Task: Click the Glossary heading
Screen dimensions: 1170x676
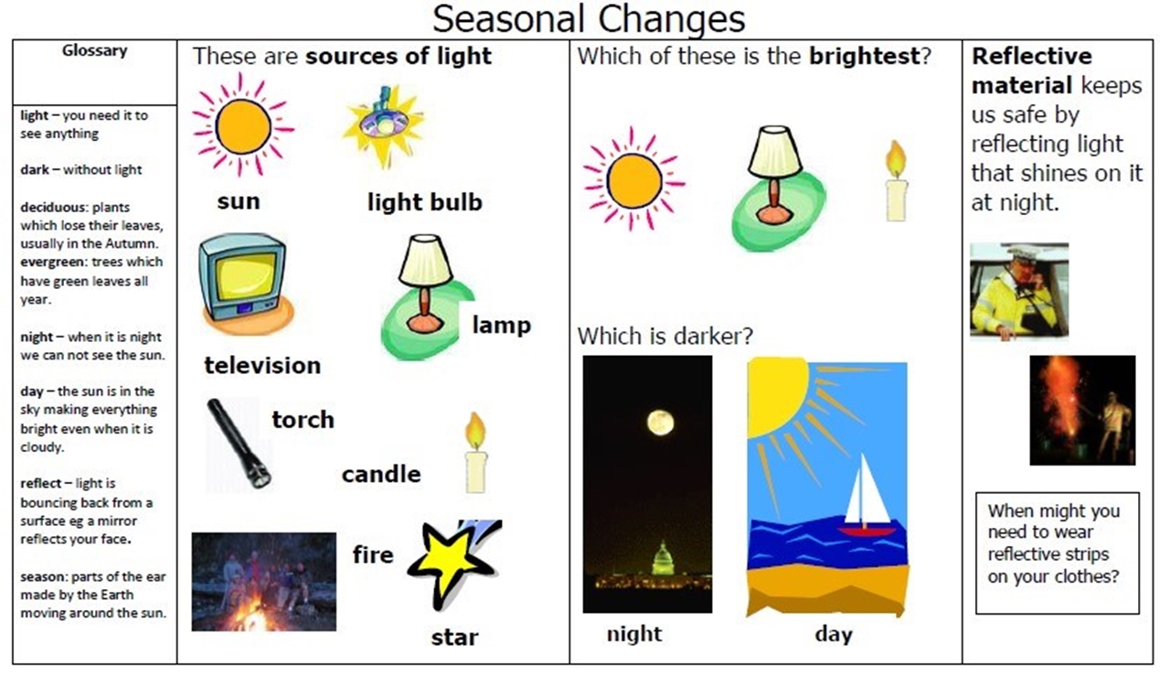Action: (94, 50)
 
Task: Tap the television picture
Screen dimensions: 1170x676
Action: (246, 284)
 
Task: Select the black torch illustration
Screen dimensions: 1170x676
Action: (239, 444)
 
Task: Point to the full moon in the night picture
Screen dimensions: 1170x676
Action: (660, 423)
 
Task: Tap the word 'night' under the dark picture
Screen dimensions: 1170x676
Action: (634, 634)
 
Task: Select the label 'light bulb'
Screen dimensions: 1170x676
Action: (425, 202)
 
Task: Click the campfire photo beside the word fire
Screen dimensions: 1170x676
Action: (264, 582)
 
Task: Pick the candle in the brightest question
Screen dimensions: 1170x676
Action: (897, 181)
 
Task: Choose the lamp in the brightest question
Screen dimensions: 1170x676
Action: (776, 188)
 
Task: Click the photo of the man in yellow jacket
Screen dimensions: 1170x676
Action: (1019, 291)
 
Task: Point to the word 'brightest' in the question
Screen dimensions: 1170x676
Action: (865, 56)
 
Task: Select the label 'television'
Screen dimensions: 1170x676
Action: (262, 366)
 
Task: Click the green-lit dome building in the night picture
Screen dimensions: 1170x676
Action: (662, 560)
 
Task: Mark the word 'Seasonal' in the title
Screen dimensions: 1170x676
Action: (507, 19)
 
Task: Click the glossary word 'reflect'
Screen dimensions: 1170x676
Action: (41, 483)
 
